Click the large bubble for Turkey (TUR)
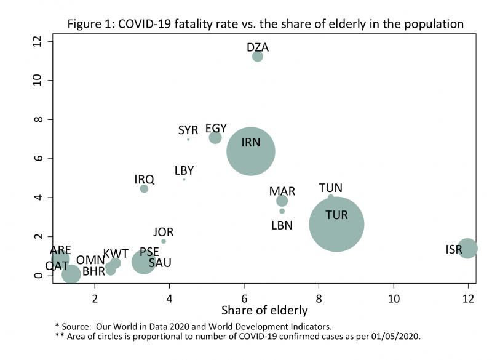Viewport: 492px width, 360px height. (x=336, y=224)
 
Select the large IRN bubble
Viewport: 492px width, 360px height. (x=250, y=151)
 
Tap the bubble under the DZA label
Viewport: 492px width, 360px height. (x=258, y=57)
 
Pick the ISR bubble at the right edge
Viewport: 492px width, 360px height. (x=468, y=248)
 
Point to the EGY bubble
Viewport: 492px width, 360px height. (x=215, y=137)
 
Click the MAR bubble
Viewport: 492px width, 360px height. (x=282, y=201)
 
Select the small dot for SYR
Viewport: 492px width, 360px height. (x=188, y=140)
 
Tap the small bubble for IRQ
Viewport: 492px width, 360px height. (x=144, y=189)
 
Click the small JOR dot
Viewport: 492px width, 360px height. (x=164, y=241)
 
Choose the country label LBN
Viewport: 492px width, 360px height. (x=282, y=225)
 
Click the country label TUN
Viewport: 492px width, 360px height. (x=330, y=188)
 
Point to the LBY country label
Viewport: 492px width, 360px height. (x=184, y=170)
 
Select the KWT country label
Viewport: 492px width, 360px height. (x=116, y=254)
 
